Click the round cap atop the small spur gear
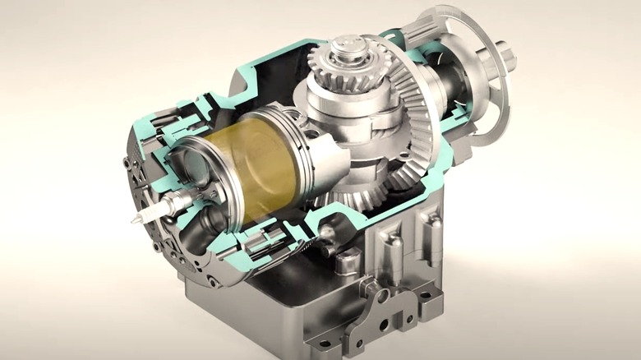pyautogui.click(x=349, y=43)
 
